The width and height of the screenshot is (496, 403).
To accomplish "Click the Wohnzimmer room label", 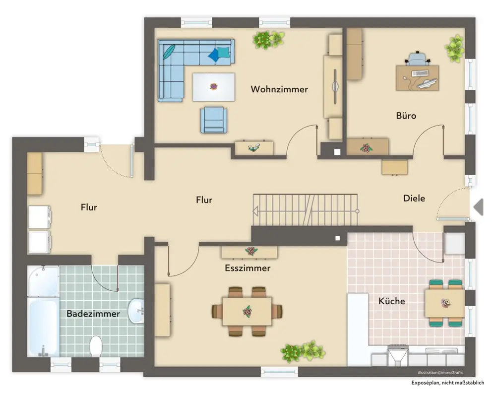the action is pyautogui.click(x=279, y=89).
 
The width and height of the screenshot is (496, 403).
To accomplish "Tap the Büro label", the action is pyautogui.click(x=406, y=116).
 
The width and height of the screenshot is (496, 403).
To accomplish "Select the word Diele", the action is pyautogui.click(x=414, y=199).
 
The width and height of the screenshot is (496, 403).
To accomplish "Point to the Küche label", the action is pyautogui.click(x=392, y=301).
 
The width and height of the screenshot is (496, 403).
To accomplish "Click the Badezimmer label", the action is pyautogui.click(x=93, y=314).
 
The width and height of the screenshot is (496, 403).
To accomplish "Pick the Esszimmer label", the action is pyautogui.click(x=248, y=268).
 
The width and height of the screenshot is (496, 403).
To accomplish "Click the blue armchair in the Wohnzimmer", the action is pyautogui.click(x=214, y=120).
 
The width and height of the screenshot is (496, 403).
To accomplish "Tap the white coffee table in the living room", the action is pyautogui.click(x=214, y=87).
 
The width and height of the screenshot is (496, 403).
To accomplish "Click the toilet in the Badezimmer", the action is pyautogui.click(x=96, y=346).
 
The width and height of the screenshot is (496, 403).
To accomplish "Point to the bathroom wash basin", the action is pyautogui.click(x=136, y=311).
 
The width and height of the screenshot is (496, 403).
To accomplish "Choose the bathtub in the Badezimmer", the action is pyautogui.click(x=43, y=327).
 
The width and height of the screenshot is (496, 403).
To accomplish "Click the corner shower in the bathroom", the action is pyautogui.click(x=43, y=281).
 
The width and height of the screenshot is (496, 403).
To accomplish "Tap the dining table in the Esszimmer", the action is pyautogui.click(x=247, y=312).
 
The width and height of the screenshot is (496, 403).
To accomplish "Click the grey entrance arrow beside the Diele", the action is pyautogui.click(x=478, y=207).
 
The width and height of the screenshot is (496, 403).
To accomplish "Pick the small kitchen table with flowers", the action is pyautogui.click(x=444, y=303).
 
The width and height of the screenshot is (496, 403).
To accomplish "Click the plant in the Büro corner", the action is pyautogui.click(x=455, y=49).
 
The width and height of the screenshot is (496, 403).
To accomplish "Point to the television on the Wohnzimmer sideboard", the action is pyautogui.click(x=335, y=86).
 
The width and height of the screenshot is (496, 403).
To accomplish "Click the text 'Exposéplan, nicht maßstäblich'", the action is pyautogui.click(x=447, y=383).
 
